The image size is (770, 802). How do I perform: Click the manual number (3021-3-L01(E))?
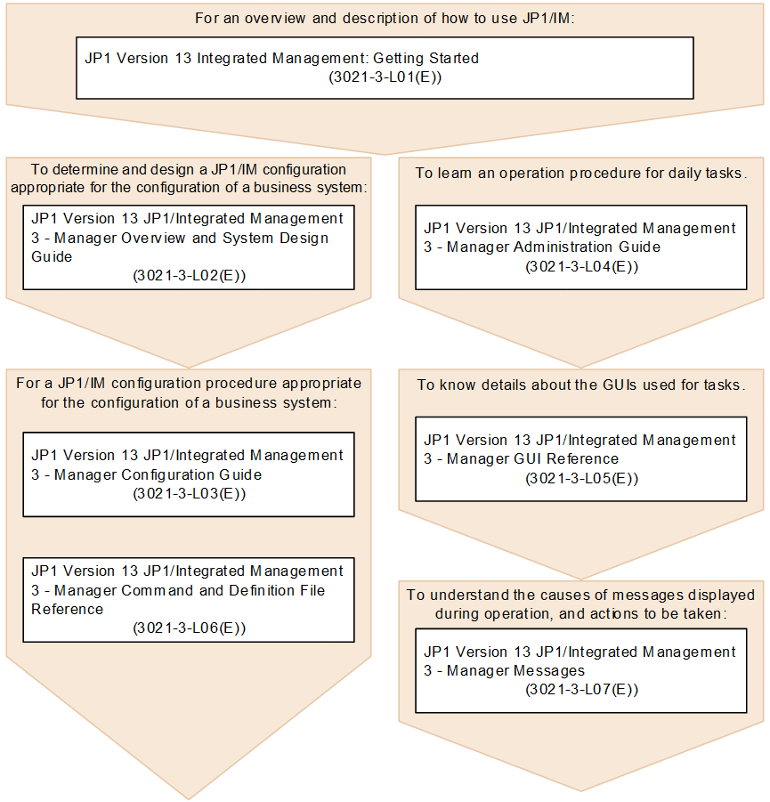pyautogui.click(x=385, y=77)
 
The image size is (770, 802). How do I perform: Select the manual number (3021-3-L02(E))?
pyautogui.click(x=190, y=276)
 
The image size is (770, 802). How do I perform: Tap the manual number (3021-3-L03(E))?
pyautogui.click(x=190, y=493)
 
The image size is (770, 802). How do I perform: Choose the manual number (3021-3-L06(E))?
pyautogui.click(x=190, y=628)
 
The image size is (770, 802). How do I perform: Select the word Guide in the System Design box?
pyautogui.click(x=53, y=257)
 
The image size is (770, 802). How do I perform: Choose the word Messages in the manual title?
pyautogui.click(x=549, y=671)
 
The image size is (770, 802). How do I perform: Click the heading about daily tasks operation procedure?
pyautogui.click(x=580, y=173)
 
